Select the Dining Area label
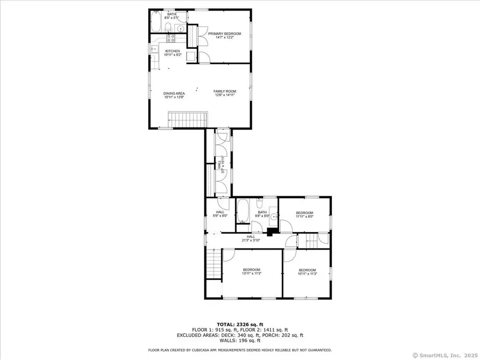pyautogui.click(x=174, y=95)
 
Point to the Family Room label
pyautogui.click(x=225, y=93)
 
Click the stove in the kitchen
pyautogui.click(x=172, y=38)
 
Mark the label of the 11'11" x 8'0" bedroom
pyautogui.click(x=305, y=215)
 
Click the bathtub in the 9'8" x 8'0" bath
pyautogui.click(x=243, y=211)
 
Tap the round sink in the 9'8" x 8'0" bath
pyautogui.click(x=274, y=217)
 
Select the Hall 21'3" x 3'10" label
pyautogui.click(x=251, y=238)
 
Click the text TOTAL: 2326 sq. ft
pyautogui.click(x=239, y=324)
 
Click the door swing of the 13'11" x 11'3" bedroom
pyautogui.click(x=228, y=254)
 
